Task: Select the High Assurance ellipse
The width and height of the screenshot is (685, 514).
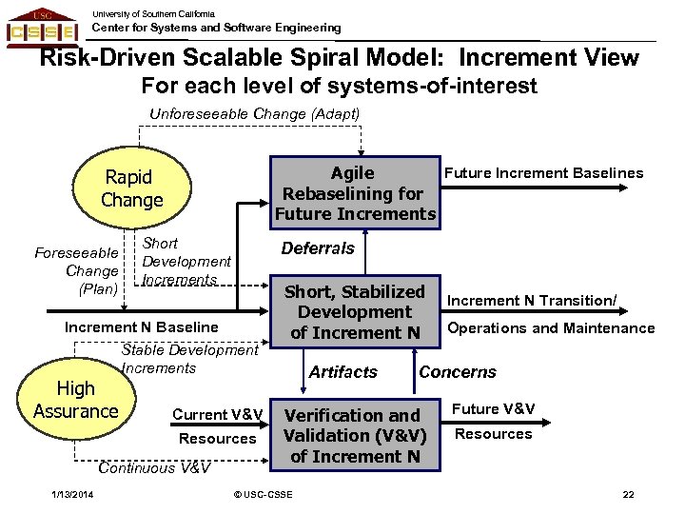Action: click(75, 401)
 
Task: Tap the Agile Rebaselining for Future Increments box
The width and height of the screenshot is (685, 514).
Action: click(355, 193)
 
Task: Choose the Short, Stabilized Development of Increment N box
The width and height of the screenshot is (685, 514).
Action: click(355, 312)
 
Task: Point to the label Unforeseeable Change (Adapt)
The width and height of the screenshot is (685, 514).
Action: click(255, 114)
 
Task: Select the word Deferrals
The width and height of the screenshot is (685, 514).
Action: click(318, 248)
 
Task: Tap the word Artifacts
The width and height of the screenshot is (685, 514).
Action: click(343, 372)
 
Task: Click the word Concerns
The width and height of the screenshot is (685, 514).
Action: click(458, 372)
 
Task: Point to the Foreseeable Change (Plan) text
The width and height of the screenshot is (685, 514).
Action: click(76, 270)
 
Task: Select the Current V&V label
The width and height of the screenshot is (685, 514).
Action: click(217, 414)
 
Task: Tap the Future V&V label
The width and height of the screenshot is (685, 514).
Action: click(493, 409)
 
